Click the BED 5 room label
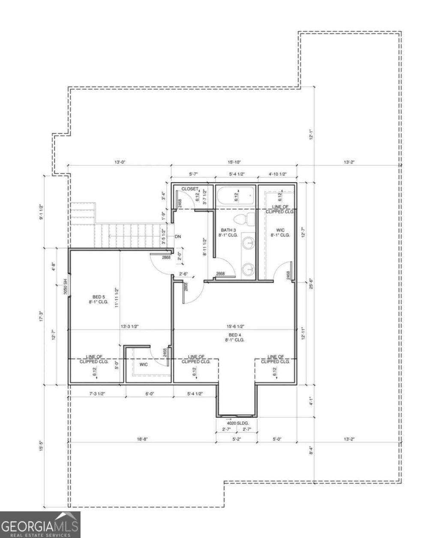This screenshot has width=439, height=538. (x=99, y=299)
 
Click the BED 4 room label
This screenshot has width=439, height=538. (x=235, y=337)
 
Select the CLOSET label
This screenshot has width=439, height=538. (x=189, y=189)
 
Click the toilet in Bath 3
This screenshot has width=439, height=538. (x=249, y=219)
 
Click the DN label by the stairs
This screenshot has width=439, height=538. (x=178, y=237)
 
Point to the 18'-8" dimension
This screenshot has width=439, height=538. (x=142, y=439)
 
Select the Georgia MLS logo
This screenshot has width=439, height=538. (x=40, y=524)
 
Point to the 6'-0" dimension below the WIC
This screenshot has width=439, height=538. (x=150, y=394)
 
